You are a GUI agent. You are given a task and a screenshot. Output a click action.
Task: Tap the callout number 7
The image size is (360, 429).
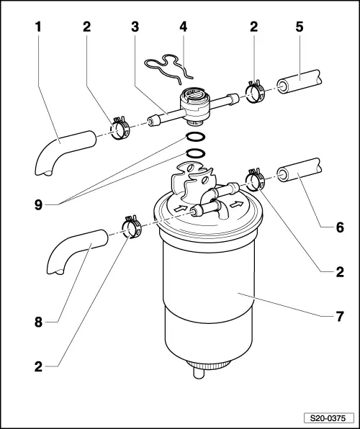coord(339,316)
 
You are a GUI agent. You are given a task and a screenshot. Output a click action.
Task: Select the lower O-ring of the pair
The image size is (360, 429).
coord(197,153)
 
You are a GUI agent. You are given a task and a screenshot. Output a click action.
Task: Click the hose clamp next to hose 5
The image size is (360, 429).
coord(255,92)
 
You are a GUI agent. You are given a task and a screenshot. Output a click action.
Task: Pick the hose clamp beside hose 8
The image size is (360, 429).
coord(132,227)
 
